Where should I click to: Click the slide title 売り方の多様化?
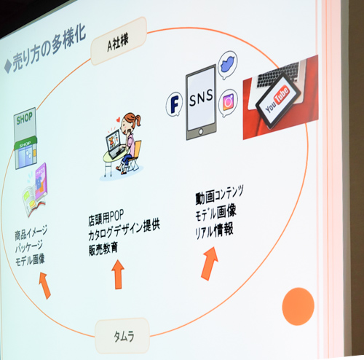click(46, 50)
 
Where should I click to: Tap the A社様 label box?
click(119, 42)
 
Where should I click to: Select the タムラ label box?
click(123, 337)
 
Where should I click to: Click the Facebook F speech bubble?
click(174, 104)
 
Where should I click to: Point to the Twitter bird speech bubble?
click(227, 64)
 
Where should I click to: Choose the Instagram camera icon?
click(228, 103)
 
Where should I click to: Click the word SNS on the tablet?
click(201, 98)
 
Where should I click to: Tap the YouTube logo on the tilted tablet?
click(277, 99)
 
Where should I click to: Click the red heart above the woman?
click(118, 120)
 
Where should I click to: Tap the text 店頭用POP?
click(106, 217)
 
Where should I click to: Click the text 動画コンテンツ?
click(219, 195)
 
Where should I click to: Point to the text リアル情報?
click(214, 230)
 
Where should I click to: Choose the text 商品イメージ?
click(31, 232)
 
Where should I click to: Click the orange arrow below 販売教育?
click(118, 275)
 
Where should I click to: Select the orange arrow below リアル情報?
click(210, 264)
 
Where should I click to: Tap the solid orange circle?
click(298, 307)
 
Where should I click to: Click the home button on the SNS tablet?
click(201, 132)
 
